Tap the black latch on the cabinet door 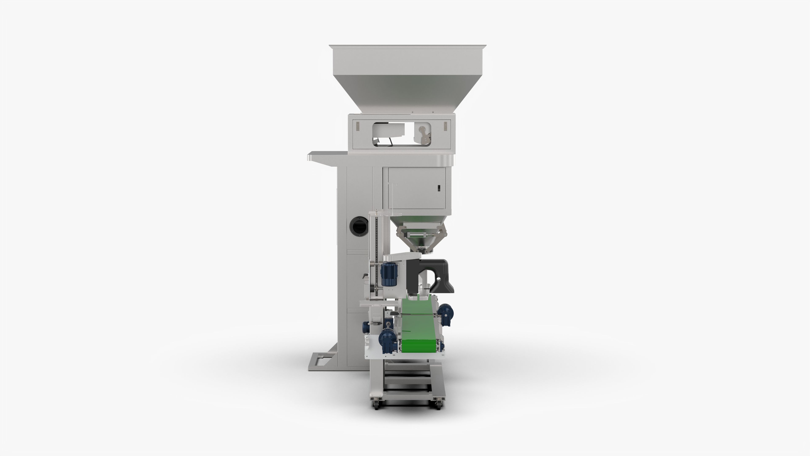pos(439,188)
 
